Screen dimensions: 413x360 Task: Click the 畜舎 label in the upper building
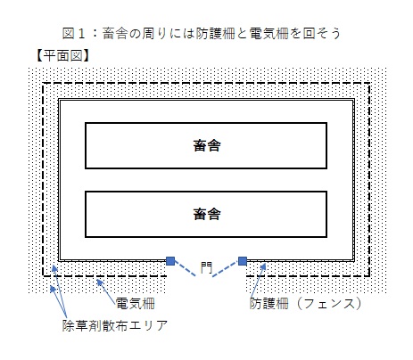207,145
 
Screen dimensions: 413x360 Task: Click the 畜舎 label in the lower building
207,214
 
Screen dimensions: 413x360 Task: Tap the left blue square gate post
170,261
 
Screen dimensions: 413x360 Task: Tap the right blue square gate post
243,261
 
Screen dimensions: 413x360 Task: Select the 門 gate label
206,267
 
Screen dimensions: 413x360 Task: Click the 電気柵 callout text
135,304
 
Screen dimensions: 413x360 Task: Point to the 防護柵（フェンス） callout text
306,304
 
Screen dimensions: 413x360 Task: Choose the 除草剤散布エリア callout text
115,325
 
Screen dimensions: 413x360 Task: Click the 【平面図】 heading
62,55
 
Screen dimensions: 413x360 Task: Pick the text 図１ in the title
74,33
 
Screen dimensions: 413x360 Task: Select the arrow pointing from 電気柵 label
106,291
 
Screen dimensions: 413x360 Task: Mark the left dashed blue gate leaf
185,268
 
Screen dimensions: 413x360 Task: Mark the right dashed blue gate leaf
226,269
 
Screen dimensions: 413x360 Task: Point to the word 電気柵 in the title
268,33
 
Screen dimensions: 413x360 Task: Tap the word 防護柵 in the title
215,33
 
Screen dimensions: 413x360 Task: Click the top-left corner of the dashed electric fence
44,84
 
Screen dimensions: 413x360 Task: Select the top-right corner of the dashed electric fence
369,84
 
